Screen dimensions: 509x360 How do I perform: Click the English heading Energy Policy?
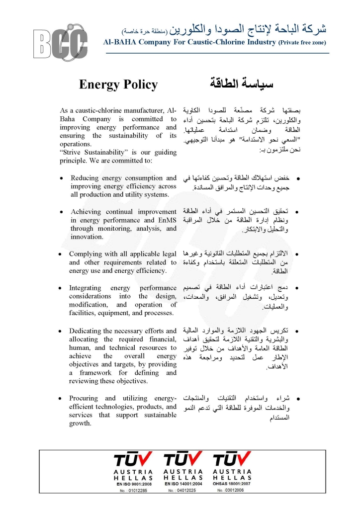pyautogui.click(x=118, y=85)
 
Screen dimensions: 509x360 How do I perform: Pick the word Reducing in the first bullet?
pyautogui.click(x=85, y=178)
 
